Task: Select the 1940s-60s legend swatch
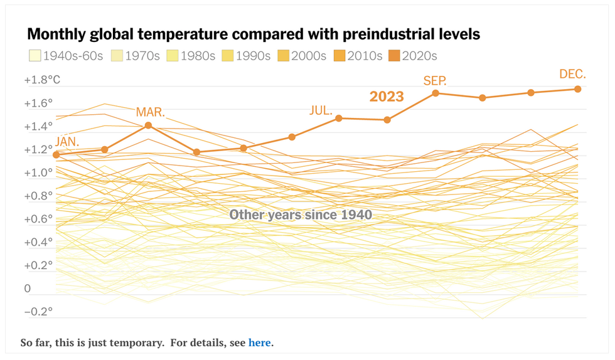pos(35,56)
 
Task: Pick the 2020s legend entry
pos(413,56)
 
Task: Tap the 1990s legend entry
pos(248,56)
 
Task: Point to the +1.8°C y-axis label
pos(42,80)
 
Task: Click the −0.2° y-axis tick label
pos(38,312)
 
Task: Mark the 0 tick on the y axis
pos(28,289)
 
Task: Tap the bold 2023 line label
pos(386,97)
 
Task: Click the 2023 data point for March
pos(149,125)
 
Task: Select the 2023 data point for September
pos(435,93)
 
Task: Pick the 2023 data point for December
pos(577,89)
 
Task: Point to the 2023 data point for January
pos(56,155)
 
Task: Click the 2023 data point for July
pos(339,118)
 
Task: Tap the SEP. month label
pos(435,80)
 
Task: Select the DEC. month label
pos(572,74)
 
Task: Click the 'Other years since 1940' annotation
pos(301,214)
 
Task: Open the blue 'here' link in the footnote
pos(260,342)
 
